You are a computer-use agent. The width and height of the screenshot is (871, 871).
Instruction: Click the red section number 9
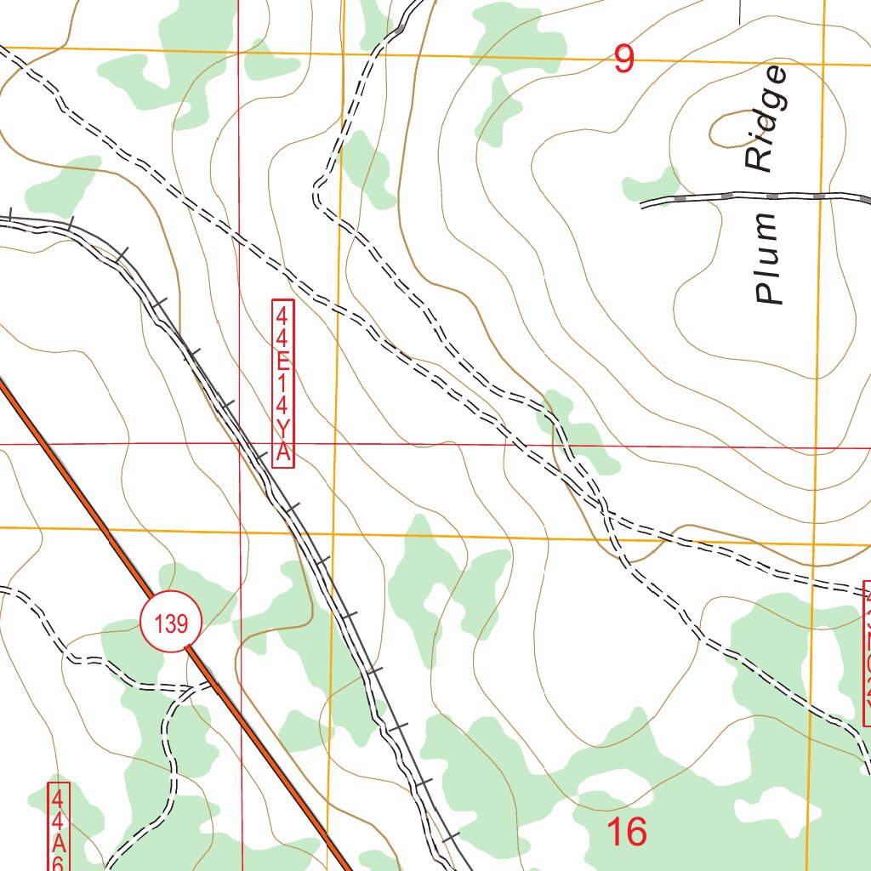coord(624,59)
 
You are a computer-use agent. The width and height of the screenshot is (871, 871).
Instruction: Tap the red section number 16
coord(627,832)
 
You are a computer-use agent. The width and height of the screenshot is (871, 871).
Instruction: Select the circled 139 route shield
coord(171,623)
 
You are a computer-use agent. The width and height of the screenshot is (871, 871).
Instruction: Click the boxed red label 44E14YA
coord(283,383)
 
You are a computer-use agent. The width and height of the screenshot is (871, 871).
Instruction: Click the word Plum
coord(768,259)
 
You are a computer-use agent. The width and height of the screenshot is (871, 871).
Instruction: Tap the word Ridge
coord(766,119)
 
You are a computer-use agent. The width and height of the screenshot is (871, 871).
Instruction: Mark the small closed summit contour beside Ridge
coord(729,128)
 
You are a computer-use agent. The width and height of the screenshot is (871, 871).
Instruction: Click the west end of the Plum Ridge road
coord(642,203)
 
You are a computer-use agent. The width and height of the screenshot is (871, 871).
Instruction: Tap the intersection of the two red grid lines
coord(240,444)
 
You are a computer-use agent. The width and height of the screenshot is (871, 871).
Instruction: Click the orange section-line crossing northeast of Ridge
coord(823,64)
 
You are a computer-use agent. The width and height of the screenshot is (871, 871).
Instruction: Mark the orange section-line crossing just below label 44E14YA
coord(333,532)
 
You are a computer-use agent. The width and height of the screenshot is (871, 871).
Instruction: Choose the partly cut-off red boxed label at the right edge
coord(866,653)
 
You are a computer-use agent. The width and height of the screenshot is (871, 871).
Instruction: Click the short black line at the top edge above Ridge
coord(739,11)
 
